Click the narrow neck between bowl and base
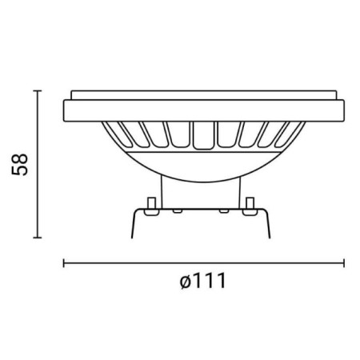[203, 190]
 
